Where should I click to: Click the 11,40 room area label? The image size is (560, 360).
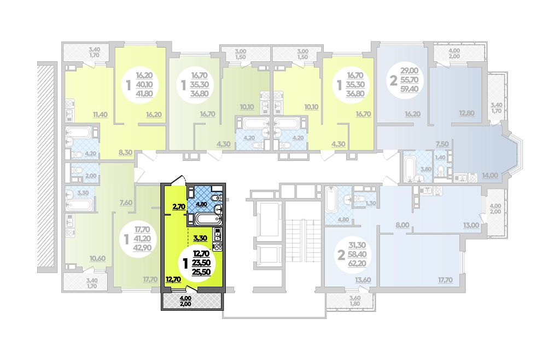[101, 115]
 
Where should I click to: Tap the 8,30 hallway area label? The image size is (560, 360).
[125, 152]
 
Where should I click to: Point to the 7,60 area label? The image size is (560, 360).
[126, 202]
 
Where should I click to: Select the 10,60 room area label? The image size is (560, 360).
[98, 258]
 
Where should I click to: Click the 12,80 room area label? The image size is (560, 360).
[467, 114]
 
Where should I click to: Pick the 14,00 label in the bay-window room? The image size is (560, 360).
[490, 175]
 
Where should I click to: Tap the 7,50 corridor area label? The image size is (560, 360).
[442, 144]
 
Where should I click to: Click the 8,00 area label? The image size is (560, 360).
[402, 225]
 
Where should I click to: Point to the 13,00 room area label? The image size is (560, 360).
[471, 225]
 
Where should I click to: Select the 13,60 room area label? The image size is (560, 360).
[363, 280]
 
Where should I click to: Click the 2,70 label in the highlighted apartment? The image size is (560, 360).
[179, 206]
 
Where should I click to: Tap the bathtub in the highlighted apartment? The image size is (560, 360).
[202, 219]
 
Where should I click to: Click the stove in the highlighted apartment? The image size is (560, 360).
[217, 246]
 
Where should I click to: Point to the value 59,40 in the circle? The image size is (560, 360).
[409, 89]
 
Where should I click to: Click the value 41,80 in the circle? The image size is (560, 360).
[144, 94]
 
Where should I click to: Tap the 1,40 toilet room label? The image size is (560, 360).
[440, 158]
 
